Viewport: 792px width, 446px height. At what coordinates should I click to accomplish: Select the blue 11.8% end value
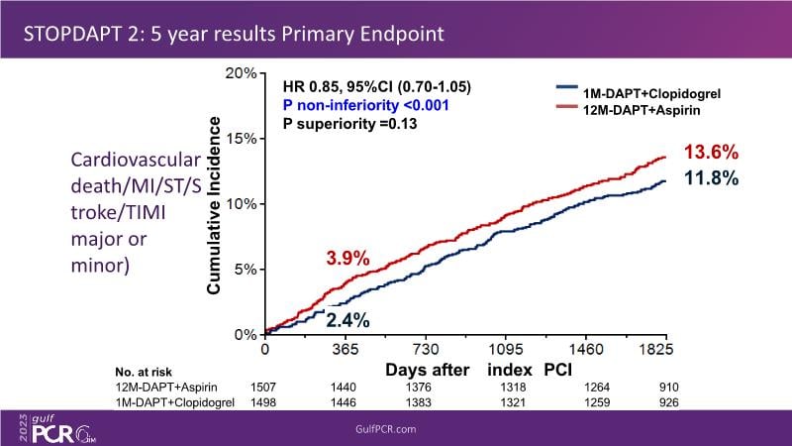click(709, 179)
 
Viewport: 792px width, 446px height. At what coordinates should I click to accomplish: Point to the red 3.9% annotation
click(347, 259)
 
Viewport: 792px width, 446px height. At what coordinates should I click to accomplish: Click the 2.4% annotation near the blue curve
click(347, 320)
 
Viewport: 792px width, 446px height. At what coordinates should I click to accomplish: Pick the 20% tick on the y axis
click(242, 74)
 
